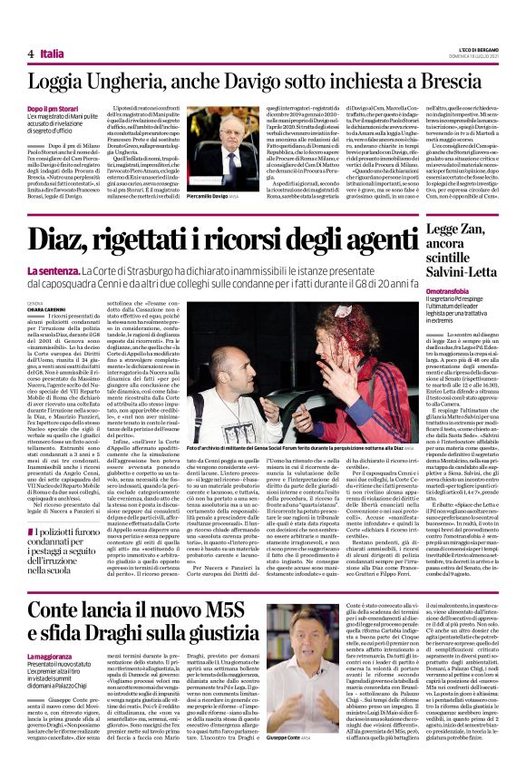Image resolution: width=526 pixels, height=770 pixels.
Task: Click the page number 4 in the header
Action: coord(31,54)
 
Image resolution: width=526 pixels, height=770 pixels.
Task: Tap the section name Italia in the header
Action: coord(52,54)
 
